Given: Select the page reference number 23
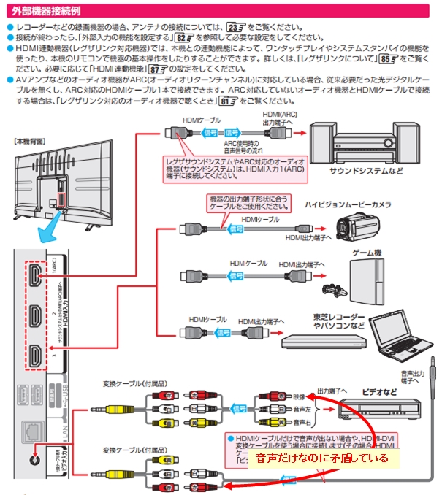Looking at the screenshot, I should pyautogui.click(x=237, y=26).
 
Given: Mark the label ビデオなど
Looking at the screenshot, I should pyautogui.click(x=380, y=392).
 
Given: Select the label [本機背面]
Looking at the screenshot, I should pyautogui.click(x=30, y=139).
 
